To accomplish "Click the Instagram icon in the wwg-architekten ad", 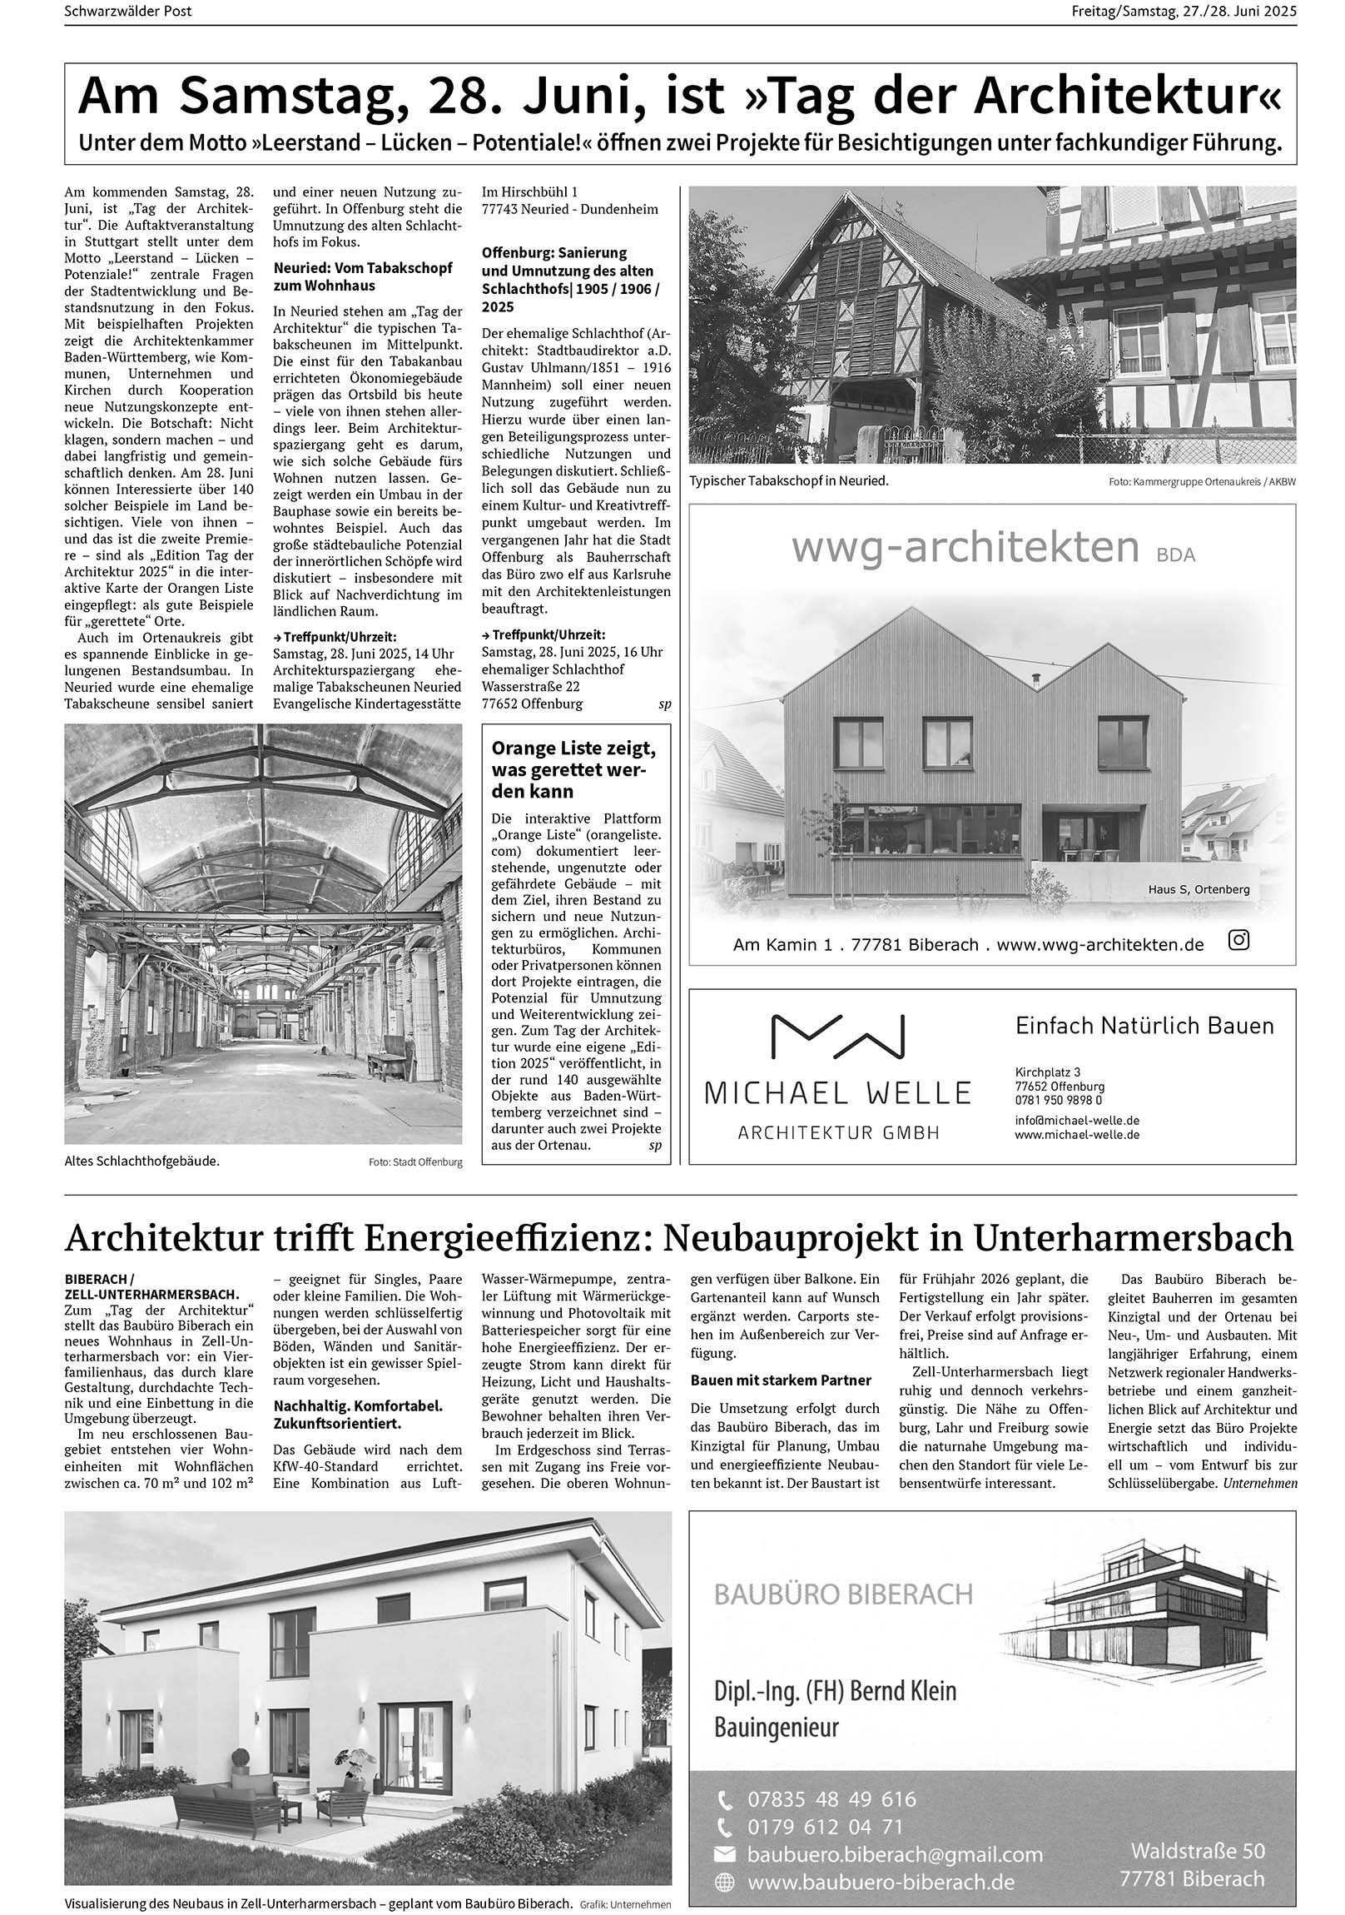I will [x=1239, y=941].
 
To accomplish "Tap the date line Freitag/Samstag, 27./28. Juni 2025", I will [x=1184, y=12].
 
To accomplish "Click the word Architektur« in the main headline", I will [x=1128, y=98].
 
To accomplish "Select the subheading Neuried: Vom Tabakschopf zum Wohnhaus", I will [x=363, y=276].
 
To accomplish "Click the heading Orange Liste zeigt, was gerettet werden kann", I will [x=573, y=769].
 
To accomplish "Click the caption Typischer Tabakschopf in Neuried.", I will [x=789, y=480].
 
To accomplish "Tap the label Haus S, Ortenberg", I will [x=1199, y=889].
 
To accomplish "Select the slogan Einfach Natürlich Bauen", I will [x=1144, y=1025].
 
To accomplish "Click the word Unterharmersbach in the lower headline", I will [x=1134, y=1238].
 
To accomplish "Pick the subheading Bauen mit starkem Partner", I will [x=781, y=1380].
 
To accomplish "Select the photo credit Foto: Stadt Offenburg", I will [x=414, y=1161].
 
